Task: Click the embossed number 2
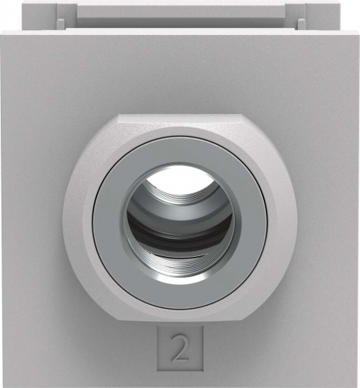[x=180, y=348]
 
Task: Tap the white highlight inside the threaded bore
[x=180, y=178]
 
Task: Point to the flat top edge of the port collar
[x=180, y=116]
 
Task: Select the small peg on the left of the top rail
[x=61, y=24]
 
